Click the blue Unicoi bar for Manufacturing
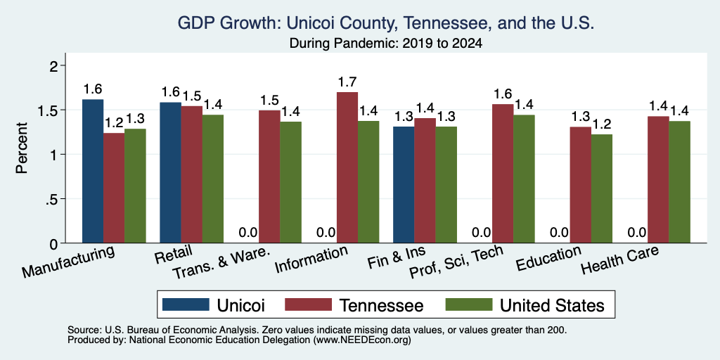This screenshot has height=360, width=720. coord(93,171)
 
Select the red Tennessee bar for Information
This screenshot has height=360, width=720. coord(347,167)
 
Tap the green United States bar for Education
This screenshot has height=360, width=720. coord(602,188)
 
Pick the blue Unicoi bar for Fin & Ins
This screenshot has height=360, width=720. coord(404,185)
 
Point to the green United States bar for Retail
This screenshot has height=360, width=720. coord(213,179)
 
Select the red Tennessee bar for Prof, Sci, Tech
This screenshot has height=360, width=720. coord(503,174)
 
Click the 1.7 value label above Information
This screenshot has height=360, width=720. coord(347,82)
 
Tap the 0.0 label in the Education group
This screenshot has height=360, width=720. coord(560,233)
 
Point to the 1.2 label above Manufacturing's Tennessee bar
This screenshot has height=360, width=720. coord(114,123)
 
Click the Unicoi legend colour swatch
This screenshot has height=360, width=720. coord(186,304)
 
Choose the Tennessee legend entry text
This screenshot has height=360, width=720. coord(381,305)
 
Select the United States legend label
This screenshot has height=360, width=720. coord(551,305)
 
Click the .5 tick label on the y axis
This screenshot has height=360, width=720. coord(55,199)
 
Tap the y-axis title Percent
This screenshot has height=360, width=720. coord(22,148)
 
